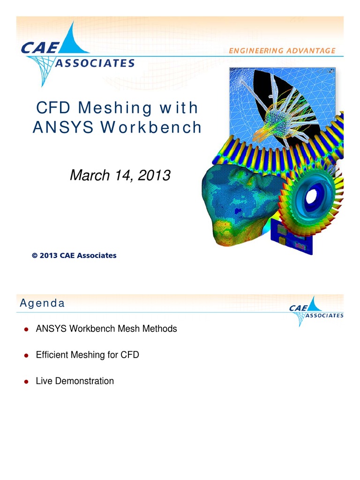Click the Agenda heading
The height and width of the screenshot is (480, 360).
[x=42, y=303]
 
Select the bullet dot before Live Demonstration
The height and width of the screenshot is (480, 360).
[x=27, y=382]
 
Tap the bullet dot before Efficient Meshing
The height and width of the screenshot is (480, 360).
[x=27, y=355]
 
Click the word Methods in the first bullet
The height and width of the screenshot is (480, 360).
[x=160, y=329]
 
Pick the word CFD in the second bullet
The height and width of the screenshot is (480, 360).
[x=130, y=355]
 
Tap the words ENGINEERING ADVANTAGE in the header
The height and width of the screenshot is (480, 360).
[x=282, y=51]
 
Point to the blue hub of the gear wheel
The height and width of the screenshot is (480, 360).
[x=311, y=196]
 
